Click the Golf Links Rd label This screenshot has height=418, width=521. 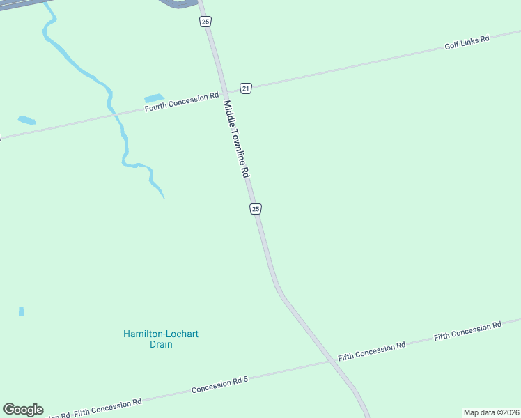point(467,42)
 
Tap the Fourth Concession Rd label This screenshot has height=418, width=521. point(181,103)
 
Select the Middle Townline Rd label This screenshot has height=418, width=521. point(236,139)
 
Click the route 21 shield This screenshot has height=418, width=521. point(245,88)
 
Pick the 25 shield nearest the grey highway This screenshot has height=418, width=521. point(205,22)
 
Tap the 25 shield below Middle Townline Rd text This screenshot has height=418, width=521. point(256,209)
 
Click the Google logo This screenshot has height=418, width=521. point(23,410)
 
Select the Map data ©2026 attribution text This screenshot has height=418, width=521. point(491,412)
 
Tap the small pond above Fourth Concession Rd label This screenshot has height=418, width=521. point(153,98)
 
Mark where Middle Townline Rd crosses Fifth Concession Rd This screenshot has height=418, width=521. point(329,361)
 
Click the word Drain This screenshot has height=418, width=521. point(160,344)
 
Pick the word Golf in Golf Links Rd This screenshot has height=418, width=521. point(453,46)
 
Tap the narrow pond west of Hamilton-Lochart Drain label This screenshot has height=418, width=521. point(21,311)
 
